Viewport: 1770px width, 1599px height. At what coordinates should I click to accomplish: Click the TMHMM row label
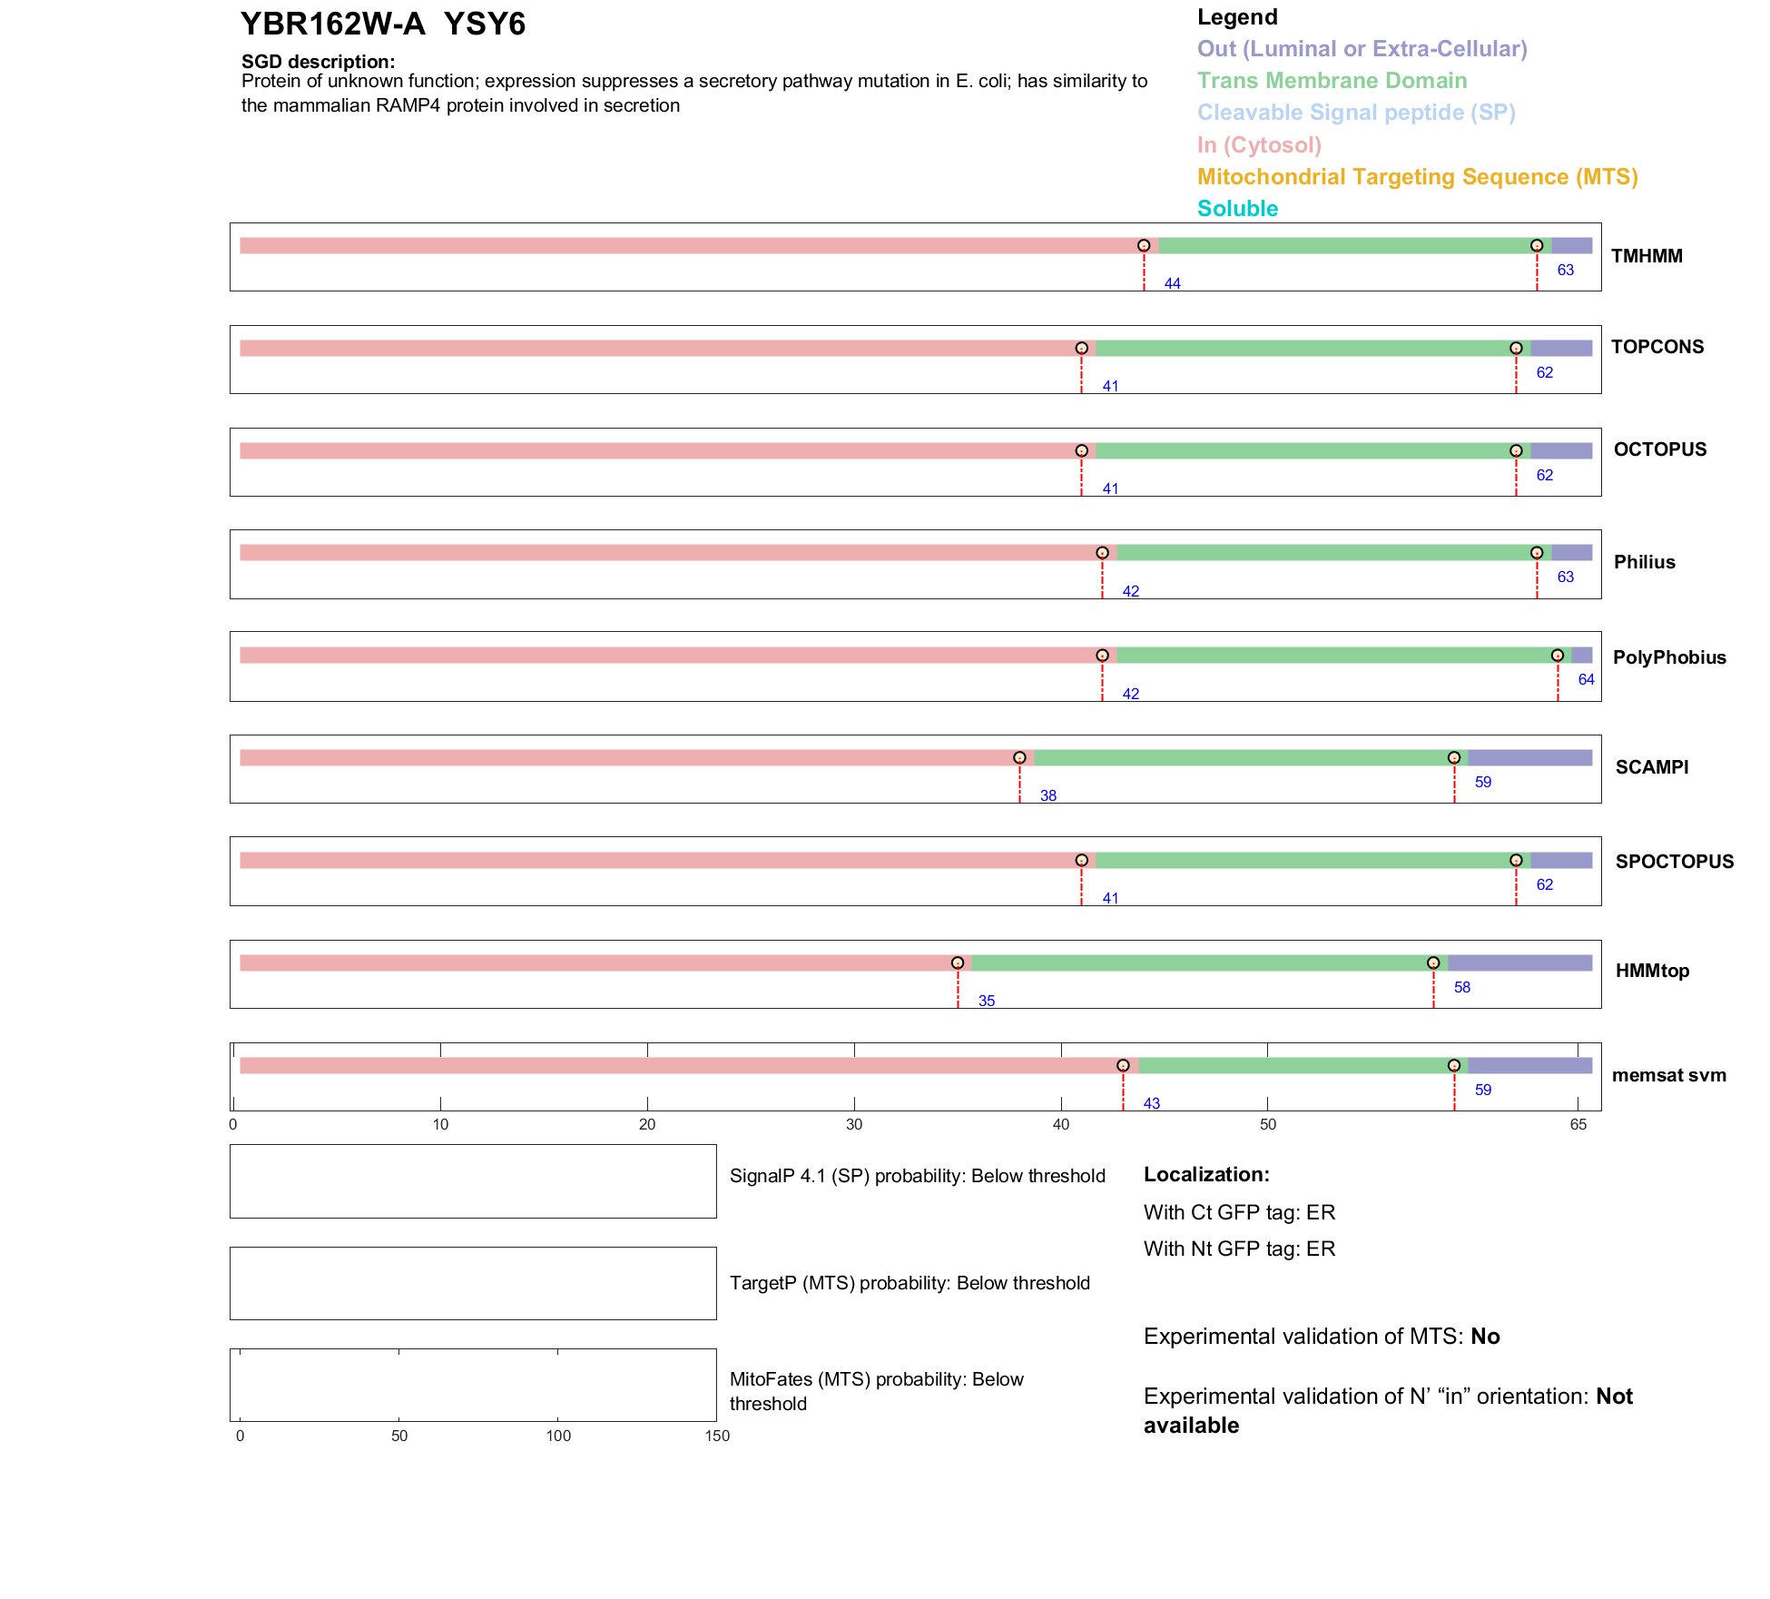click(1646, 256)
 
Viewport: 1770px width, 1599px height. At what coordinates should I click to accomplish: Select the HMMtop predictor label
click(1652, 971)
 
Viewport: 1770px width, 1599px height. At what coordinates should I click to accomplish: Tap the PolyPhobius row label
click(1668, 657)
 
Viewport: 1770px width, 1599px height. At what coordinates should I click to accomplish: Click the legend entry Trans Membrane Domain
click(1332, 81)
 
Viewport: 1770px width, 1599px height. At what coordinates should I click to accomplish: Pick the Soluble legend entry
click(1237, 208)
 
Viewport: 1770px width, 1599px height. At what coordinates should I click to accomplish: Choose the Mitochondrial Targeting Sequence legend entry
click(1417, 176)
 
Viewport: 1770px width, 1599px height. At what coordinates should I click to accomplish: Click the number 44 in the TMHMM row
click(1172, 283)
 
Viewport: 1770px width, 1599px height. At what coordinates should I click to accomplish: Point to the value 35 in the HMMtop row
click(986, 1001)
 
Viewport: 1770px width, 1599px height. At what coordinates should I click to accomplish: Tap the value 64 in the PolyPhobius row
click(1586, 679)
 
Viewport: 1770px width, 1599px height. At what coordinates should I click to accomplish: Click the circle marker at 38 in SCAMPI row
click(1019, 757)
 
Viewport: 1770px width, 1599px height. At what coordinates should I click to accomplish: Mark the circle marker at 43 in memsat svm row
click(1123, 1065)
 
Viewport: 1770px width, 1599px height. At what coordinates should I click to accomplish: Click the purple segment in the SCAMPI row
click(1529, 757)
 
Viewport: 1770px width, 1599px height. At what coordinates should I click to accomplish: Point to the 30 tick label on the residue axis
click(853, 1124)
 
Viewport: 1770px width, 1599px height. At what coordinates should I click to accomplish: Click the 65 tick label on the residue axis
click(1578, 1124)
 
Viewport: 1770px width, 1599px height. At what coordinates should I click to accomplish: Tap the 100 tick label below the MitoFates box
click(558, 1436)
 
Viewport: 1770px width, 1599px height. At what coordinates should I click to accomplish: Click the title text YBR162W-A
click(332, 24)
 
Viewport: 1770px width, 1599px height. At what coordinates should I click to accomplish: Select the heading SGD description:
click(318, 61)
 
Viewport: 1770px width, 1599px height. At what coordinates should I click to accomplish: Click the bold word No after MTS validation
click(1485, 1336)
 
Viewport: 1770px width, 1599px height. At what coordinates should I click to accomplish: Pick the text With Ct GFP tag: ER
click(1239, 1212)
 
